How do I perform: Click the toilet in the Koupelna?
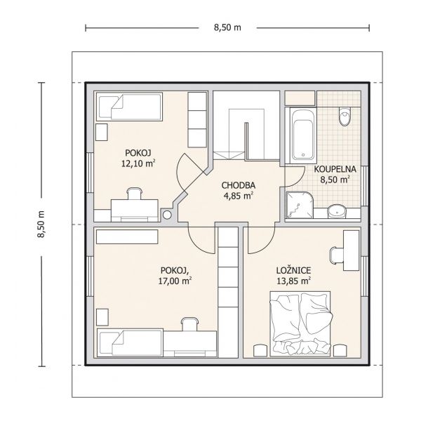click(x=345, y=116)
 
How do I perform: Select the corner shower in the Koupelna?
click(x=300, y=205)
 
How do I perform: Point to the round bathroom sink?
click(x=337, y=211)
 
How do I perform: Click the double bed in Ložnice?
click(x=300, y=324)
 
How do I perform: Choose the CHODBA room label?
click(x=238, y=185)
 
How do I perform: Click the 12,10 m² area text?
click(x=138, y=163)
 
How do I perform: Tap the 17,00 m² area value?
click(x=175, y=281)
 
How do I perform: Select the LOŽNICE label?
click(x=293, y=270)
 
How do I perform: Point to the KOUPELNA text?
click(x=335, y=169)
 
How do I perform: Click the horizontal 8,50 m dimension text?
click(x=227, y=27)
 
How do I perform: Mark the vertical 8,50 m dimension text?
click(x=41, y=224)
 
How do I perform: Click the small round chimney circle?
click(x=167, y=215)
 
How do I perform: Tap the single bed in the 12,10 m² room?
click(x=129, y=107)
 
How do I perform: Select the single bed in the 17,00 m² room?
click(x=130, y=343)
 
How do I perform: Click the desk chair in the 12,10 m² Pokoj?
click(x=134, y=194)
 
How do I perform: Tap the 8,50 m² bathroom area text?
click(x=335, y=180)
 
